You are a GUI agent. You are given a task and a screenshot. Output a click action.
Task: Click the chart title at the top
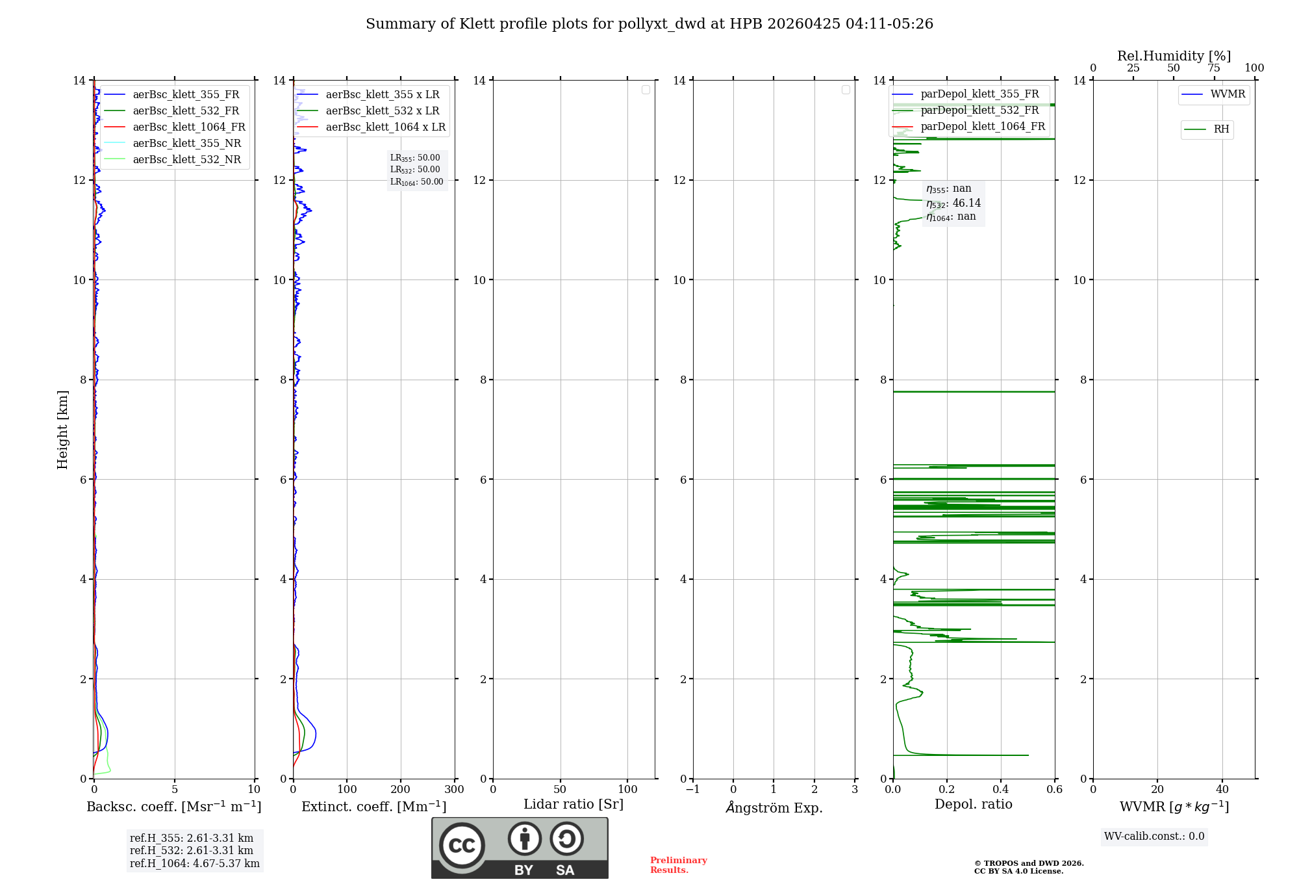coord(649,24)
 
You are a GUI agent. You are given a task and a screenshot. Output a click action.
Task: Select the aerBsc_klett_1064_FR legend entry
coord(188,127)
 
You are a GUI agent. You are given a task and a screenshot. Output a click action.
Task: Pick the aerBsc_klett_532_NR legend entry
coord(186,160)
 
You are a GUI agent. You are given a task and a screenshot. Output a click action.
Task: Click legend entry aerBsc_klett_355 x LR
coord(382,95)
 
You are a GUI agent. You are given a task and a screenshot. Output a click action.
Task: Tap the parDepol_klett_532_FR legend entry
coord(979,110)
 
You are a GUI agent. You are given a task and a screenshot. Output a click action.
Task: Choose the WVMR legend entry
coord(1227,94)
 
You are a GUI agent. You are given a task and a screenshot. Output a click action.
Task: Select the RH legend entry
coord(1220,129)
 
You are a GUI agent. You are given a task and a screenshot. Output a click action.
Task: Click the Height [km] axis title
coord(62,430)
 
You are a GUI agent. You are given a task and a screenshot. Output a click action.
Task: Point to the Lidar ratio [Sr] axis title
coord(574,805)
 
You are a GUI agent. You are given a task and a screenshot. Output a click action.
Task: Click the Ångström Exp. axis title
coord(774,808)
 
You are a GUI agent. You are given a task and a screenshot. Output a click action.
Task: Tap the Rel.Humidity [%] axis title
coord(1174,56)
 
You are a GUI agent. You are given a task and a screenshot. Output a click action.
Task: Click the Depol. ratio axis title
coord(973,805)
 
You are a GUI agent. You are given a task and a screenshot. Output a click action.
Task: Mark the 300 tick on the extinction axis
coord(454,790)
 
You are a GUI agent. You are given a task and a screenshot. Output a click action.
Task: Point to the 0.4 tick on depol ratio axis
coord(1001,790)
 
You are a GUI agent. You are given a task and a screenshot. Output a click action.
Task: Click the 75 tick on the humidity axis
coord(1214,68)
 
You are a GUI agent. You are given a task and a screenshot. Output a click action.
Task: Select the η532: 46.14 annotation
coord(953,203)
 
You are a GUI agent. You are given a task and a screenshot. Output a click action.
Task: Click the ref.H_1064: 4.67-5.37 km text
coord(194,864)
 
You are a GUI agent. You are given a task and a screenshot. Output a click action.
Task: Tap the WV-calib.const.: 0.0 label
coord(1154,837)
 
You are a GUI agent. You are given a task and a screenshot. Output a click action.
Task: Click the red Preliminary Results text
coord(678,865)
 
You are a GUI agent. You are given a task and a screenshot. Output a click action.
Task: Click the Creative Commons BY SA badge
coord(520,848)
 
